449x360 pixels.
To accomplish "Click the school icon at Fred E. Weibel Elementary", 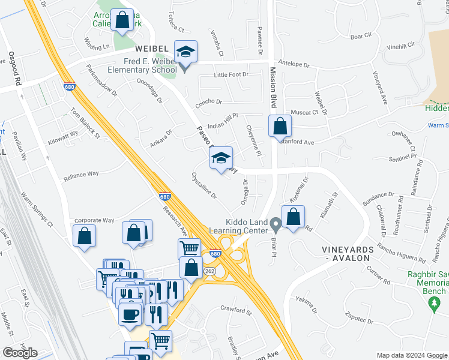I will click(185, 53).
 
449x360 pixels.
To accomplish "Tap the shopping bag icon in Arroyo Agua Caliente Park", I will click(122, 20).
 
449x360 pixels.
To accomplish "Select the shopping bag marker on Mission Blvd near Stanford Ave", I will click(280, 127).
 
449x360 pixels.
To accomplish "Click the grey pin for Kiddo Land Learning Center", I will click(276, 225).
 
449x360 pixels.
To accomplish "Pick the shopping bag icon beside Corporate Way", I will click(84, 236).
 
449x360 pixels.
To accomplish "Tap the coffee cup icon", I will click(130, 314).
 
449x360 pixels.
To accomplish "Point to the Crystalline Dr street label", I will click(203, 186).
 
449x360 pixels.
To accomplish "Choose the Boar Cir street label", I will click(361, 36).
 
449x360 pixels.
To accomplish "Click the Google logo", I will click(20, 353).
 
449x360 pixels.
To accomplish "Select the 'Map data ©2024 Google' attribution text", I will click(411, 355).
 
